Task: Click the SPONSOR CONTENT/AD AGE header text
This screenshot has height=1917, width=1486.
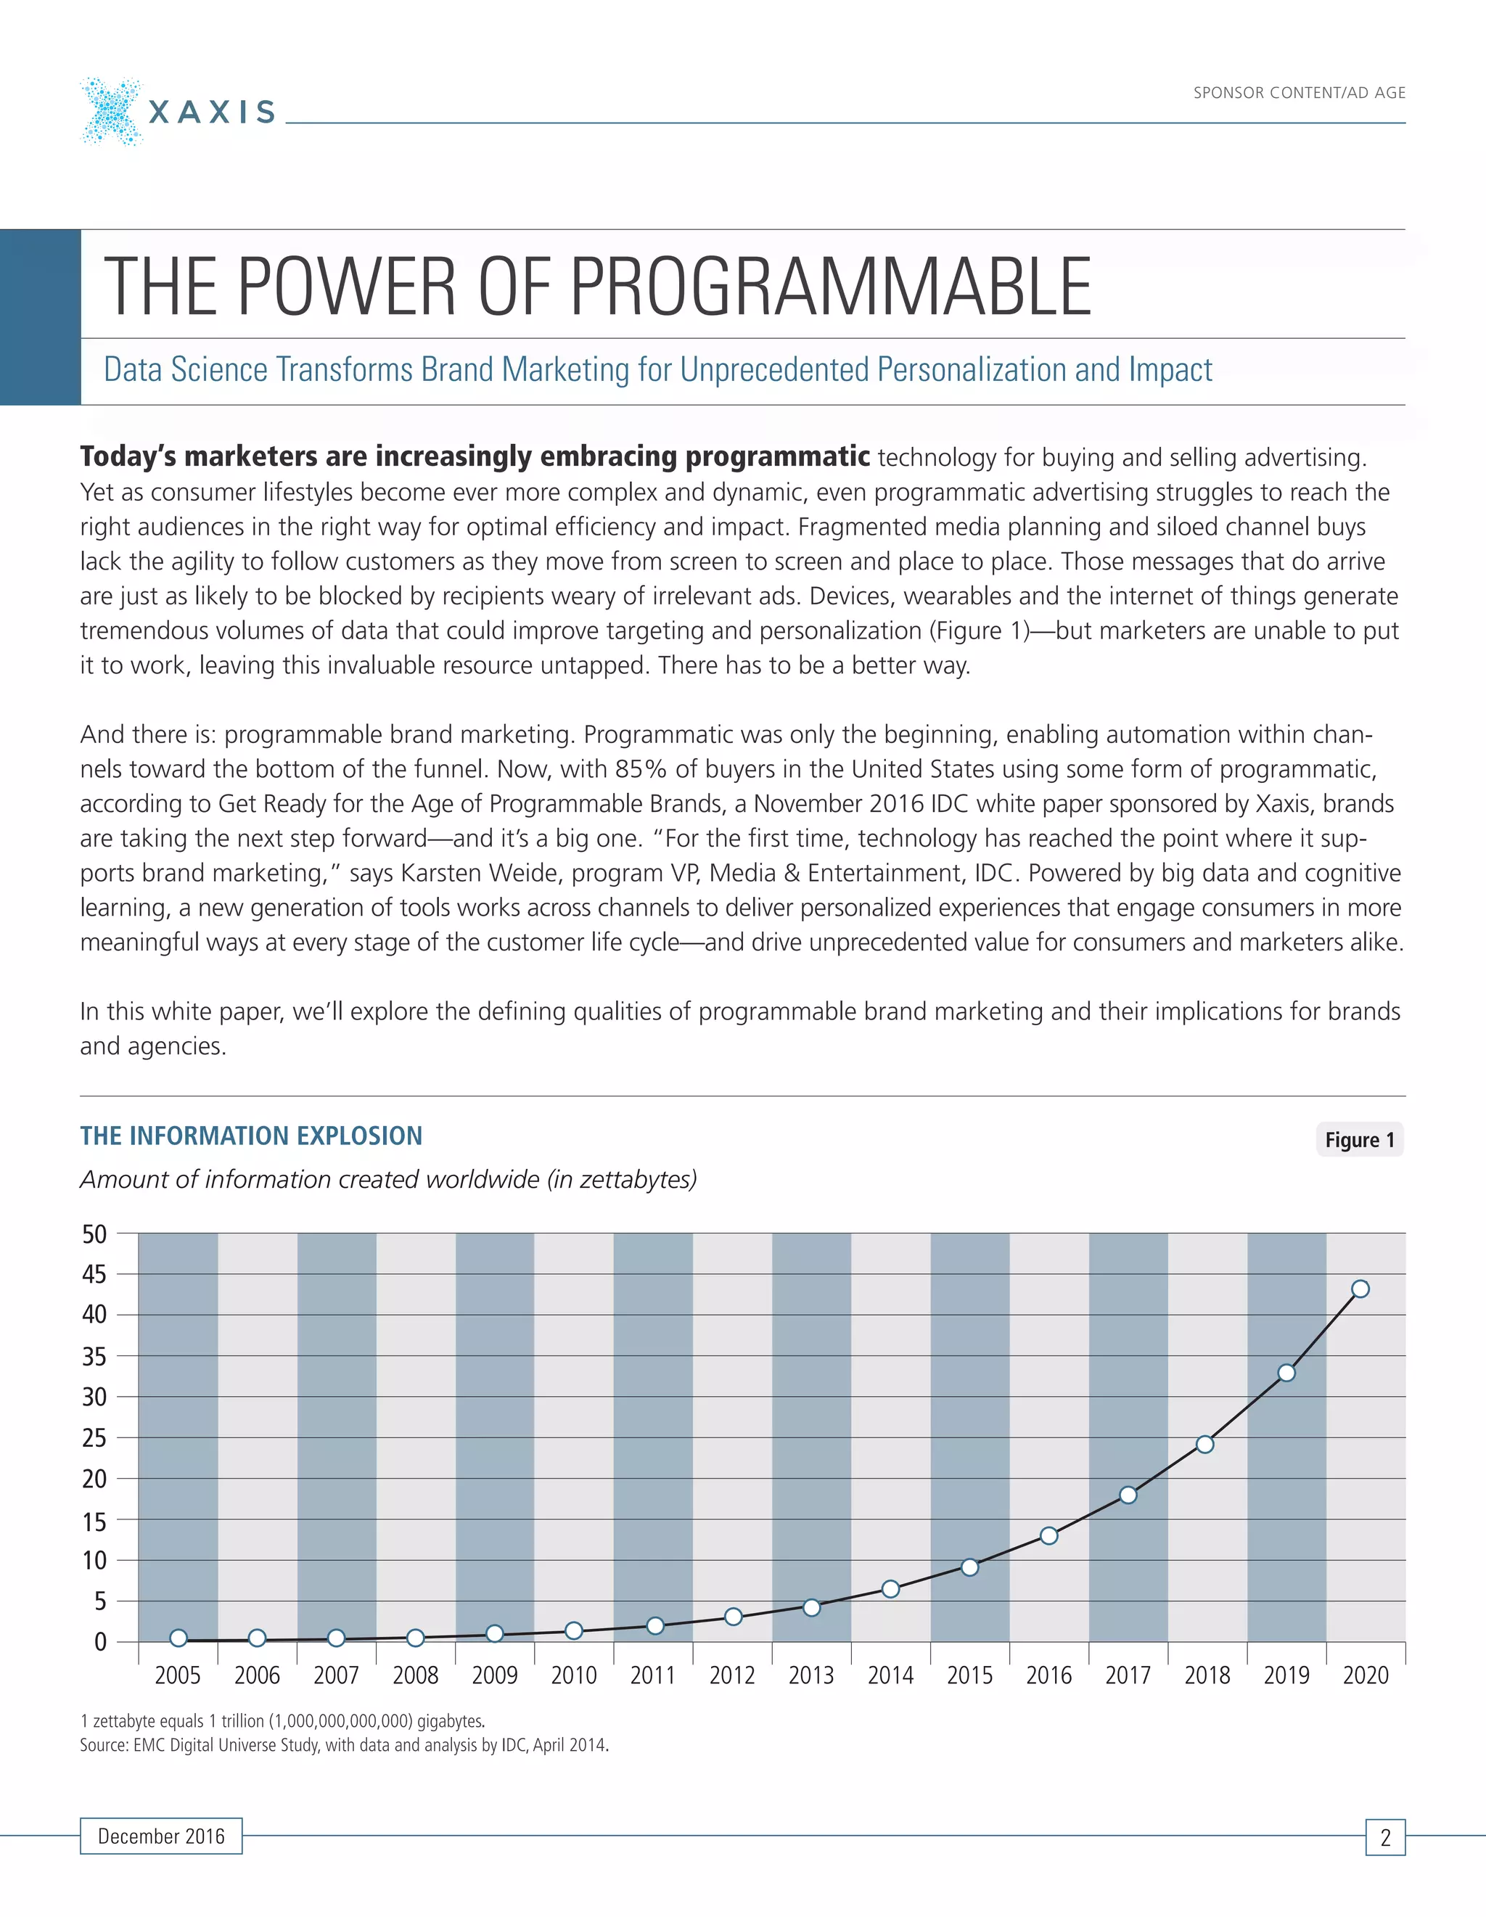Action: pyautogui.click(x=1298, y=93)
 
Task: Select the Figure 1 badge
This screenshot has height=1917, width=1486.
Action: pyautogui.click(x=1359, y=1139)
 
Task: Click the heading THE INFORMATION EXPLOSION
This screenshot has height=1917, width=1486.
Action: pyautogui.click(x=251, y=1136)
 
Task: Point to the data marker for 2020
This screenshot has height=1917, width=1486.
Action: pyautogui.click(x=1360, y=1289)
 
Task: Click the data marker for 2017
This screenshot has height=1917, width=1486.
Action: pyautogui.click(x=1128, y=1494)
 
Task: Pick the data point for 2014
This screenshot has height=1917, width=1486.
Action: pyautogui.click(x=890, y=1589)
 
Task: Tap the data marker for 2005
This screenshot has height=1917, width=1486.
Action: pyautogui.click(x=178, y=1638)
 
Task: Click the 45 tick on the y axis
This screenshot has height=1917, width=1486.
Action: pyautogui.click(x=94, y=1274)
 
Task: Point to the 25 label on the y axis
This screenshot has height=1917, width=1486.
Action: pyautogui.click(x=94, y=1438)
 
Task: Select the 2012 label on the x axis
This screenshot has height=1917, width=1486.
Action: pyautogui.click(x=732, y=1675)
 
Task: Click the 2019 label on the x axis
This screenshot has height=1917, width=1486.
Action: pyautogui.click(x=1286, y=1675)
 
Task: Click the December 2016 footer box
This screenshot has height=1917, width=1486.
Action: pyautogui.click(x=162, y=1836)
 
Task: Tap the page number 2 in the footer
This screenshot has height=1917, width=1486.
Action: pyautogui.click(x=1385, y=1837)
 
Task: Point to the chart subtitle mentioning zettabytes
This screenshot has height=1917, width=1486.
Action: pyautogui.click(x=388, y=1180)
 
